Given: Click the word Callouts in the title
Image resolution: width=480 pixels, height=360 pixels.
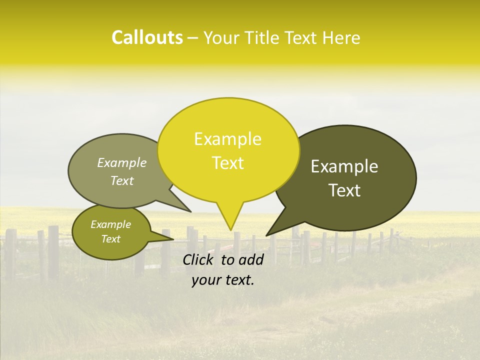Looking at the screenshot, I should pyautogui.click(x=147, y=37).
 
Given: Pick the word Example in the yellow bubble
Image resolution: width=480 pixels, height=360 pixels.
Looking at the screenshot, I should pyautogui.click(x=228, y=139).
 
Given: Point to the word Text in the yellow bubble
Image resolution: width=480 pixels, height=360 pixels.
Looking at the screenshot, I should pyautogui.click(x=228, y=163).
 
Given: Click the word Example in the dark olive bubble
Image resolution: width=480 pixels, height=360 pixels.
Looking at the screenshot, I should pyautogui.click(x=344, y=166).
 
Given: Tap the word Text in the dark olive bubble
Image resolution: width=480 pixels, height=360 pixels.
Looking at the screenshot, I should pyautogui.click(x=345, y=190).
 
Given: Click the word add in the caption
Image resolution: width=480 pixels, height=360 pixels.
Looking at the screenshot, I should pyautogui.click(x=251, y=259).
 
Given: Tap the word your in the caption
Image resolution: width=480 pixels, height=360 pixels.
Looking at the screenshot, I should pyautogui.click(x=205, y=280).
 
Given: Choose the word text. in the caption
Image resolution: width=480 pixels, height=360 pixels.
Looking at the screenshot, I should pyautogui.click(x=238, y=280).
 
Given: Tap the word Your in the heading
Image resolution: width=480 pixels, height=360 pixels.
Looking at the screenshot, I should pyautogui.click(x=220, y=38).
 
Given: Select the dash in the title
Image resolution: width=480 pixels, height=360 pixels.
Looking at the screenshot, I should pyautogui.click(x=193, y=38).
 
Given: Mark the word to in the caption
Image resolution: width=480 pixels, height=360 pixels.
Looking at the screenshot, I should pyautogui.click(x=227, y=259).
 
